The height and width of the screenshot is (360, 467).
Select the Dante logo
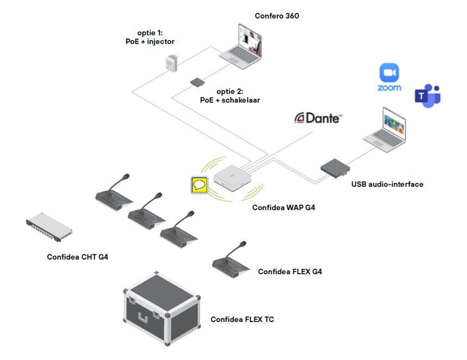(x=318, y=118)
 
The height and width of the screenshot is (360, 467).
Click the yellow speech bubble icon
(x=200, y=186)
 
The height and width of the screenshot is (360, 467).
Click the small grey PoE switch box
(x=196, y=82)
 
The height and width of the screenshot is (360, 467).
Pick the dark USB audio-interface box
(x=335, y=167)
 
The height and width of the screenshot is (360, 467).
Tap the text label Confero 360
(x=277, y=16)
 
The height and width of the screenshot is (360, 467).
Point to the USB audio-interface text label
(x=387, y=184)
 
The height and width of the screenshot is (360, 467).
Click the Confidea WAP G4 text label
(x=283, y=207)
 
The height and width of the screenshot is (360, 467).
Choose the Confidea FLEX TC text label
(x=242, y=319)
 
